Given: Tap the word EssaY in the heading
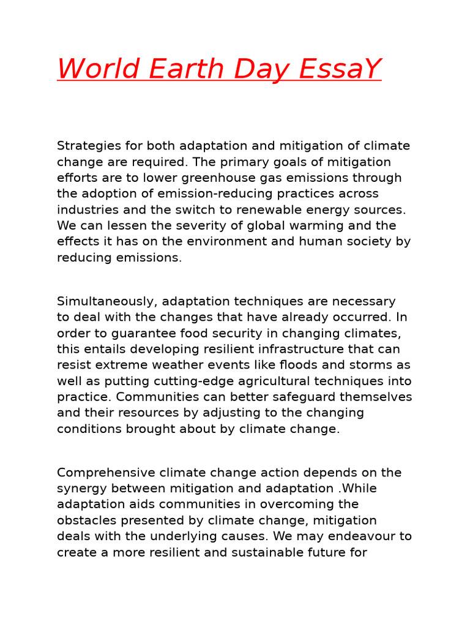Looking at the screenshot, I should [x=340, y=69].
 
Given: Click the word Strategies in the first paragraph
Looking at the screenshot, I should [x=86, y=146].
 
